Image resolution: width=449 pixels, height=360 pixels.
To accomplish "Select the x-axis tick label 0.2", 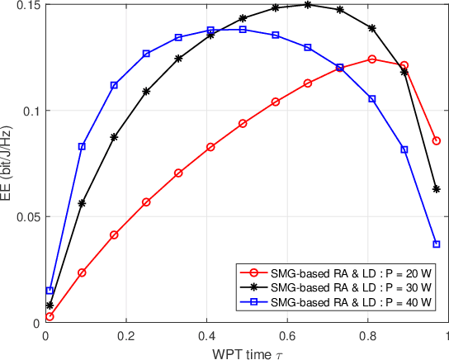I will point(125,337).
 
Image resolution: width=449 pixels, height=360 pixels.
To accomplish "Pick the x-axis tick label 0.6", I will point(286,337).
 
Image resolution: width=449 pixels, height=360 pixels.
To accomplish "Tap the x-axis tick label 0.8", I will point(367,337).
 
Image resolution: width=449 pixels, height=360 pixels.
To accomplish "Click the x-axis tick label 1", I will point(447,337).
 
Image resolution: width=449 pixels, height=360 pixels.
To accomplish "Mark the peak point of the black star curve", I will point(308,4).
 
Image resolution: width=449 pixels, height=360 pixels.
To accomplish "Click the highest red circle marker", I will point(371,59).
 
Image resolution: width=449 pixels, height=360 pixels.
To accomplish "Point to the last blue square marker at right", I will point(437,244).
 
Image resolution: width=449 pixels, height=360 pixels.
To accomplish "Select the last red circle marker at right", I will point(437,140).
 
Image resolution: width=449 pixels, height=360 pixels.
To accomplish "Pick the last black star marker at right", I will point(437,189).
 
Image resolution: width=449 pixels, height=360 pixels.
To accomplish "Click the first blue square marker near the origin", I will point(50,291).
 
